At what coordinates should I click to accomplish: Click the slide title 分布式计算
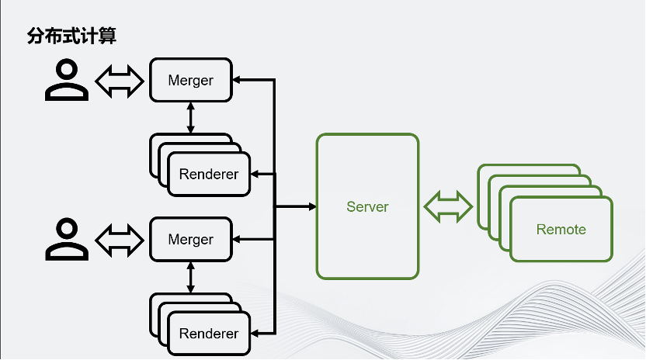[71, 36]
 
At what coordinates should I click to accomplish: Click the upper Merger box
[190, 80]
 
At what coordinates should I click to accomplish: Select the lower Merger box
[190, 240]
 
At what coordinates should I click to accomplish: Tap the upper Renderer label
[208, 175]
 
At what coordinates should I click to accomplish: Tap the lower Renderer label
[208, 334]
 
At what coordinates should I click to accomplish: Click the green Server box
[367, 206]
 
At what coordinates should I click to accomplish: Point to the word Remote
[561, 230]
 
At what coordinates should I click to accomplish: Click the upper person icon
[67, 80]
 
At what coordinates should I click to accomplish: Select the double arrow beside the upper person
[120, 80]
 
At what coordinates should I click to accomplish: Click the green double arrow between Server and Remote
[448, 206]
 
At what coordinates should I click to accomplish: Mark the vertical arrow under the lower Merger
[190, 276]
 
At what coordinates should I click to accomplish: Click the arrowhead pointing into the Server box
[311, 206]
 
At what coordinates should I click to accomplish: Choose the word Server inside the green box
[367, 207]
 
